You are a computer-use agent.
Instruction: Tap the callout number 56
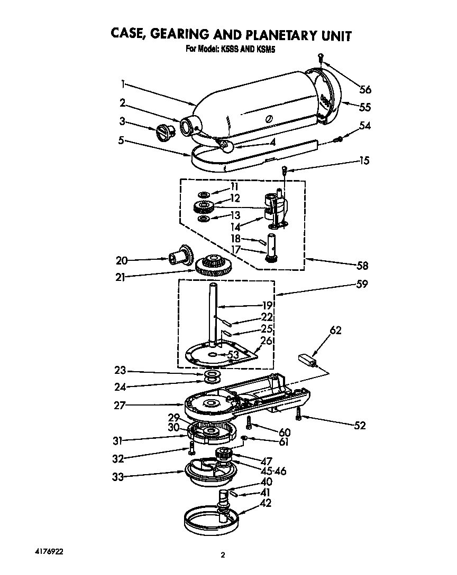(x=365, y=89)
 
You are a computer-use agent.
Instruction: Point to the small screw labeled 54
(x=339, y=139)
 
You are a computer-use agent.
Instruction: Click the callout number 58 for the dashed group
(x=362, y=266)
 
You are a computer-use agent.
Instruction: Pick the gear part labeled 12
(x=203, y=206)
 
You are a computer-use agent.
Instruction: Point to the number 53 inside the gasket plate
(x=233, y=354)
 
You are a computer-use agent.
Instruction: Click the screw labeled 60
(x=249, y=422)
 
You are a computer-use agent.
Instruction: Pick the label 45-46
(x=271, y=470)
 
